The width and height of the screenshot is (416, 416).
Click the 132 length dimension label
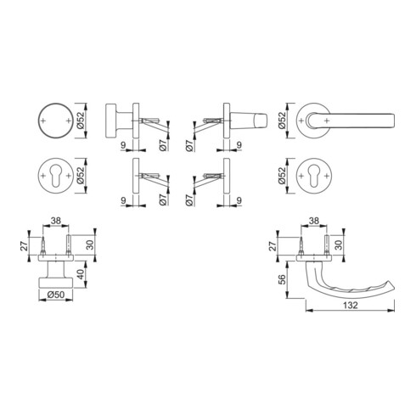[x=351, y=306]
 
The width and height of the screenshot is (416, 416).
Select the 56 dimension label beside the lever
[x=282, y=280]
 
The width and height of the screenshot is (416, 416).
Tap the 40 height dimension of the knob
[x=82, y=274]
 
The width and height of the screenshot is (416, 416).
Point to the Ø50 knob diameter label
[x=56, y=295]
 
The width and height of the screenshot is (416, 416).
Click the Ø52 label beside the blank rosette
[x=81, y=121]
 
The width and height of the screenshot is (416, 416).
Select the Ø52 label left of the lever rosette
[x=282, y=121]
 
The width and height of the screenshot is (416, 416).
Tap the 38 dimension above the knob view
[x=56, y=221]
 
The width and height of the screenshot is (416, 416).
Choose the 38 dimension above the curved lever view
[x=314, y=221]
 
